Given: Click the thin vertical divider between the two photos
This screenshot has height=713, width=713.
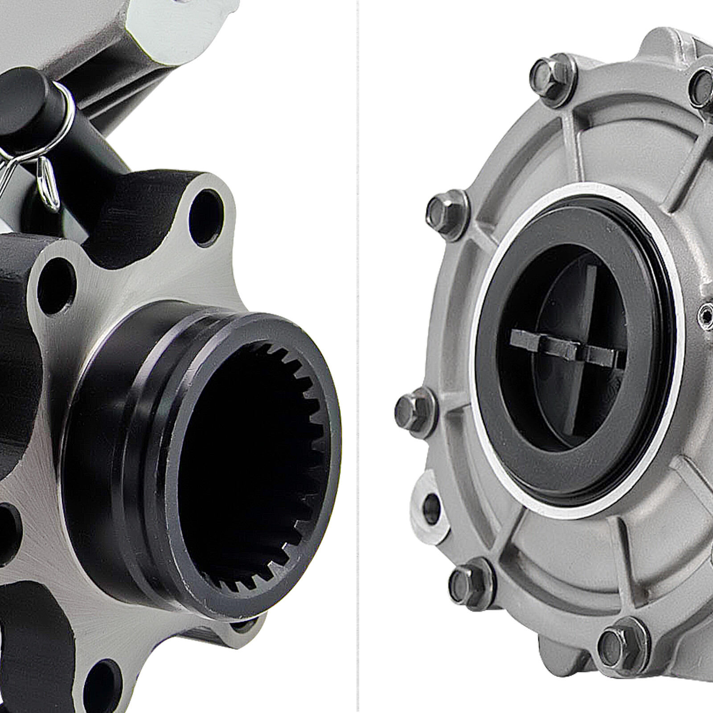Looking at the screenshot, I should pyautogui.click(x=358, y=356).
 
